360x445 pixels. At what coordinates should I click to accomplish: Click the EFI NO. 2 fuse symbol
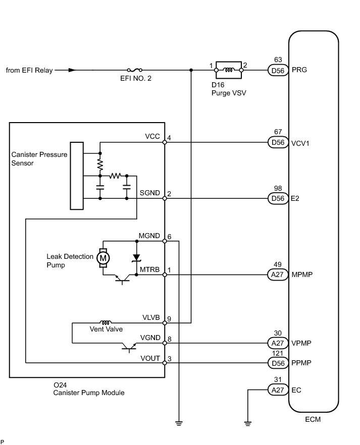pos(135,70)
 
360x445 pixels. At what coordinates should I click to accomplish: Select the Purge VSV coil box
pos(229,70)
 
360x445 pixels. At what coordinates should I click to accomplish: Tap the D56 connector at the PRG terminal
pos(278,70)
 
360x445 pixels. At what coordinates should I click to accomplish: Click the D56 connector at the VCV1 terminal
pos(278,142)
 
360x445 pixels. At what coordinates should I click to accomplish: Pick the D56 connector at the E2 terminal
pos(278,198)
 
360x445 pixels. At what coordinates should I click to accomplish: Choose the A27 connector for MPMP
pos(277,274)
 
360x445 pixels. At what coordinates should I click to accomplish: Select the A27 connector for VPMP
pos(278,343)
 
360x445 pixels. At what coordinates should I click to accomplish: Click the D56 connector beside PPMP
pos(278,363)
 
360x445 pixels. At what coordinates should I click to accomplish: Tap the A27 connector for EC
pos(278,390)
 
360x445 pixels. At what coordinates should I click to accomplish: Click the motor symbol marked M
pos(103,258)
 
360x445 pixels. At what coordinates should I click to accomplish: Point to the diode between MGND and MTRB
pos(136,258)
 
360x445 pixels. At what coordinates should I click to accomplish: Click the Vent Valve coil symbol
pos(106,322)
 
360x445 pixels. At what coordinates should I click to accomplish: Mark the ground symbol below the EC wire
pos(247,424)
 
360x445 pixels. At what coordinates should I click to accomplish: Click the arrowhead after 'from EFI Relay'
pos(72,70)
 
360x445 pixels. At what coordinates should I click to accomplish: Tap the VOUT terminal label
pos(150,358)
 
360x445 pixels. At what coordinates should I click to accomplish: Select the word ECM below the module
pos(313,419)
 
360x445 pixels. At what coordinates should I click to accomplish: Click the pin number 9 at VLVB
pos(169,319)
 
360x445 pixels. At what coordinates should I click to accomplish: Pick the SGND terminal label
pos(149,193)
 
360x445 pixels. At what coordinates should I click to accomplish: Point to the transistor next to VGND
pos(129,347)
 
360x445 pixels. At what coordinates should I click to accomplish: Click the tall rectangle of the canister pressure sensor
pos(77,176)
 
